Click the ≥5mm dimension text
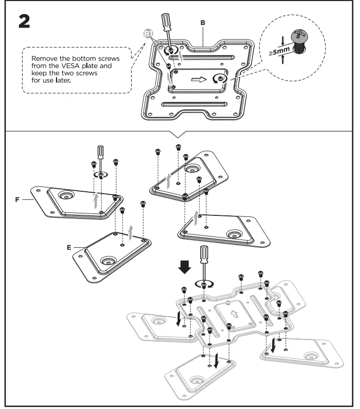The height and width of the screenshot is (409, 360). click(282, 51)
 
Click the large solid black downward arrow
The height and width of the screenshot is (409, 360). click(185, 267)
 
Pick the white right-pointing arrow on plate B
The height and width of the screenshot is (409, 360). click(197, 79)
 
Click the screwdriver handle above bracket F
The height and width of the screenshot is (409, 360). click(100, 151)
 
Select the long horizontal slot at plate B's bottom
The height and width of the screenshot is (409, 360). click(192, 105)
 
